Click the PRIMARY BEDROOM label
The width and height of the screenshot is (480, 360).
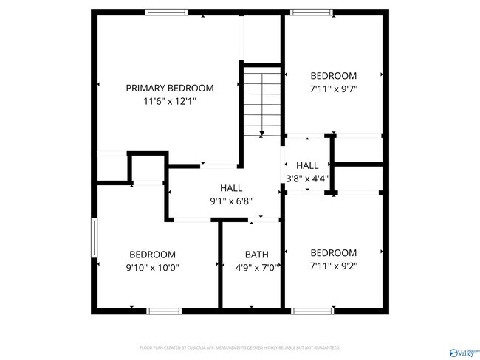pyautogui.click(x=170, y=87)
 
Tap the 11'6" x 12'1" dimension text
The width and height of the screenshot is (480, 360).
pyautogui.click(x=170, y=101)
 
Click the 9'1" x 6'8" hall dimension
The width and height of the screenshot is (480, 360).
pyautogui.click(x=231, y=201)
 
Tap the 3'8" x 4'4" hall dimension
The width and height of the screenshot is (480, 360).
pyautogui.click(x=307, y=178)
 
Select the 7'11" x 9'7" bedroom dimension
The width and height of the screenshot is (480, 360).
pyautogui.click(x=333, y=89)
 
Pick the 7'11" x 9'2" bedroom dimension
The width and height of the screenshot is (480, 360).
pyautogui.click(x=333, y=266)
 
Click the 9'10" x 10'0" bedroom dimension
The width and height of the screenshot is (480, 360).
pyautogui.click(x=154, y=268)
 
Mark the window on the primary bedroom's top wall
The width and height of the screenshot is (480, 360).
pyautogui.click(x=166, y=12)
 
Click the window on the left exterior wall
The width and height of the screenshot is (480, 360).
pyautogui.click(x=94, y=237)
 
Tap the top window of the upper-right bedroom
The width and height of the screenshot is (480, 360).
pyautogui.click(x=312, y=12)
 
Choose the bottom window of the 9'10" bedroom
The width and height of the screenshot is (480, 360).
pyautogui.click(x=164, y=311)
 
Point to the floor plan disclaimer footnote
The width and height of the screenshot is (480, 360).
pyautogui.click(x=240, y=347)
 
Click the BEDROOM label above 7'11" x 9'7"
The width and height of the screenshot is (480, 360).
pyautogui.click(x=333, y=75)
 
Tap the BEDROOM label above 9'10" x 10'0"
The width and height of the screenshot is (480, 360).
pyautogui.click(x=153, y=255)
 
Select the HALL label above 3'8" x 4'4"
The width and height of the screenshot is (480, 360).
pyautogui.click(x=307, y=165)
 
